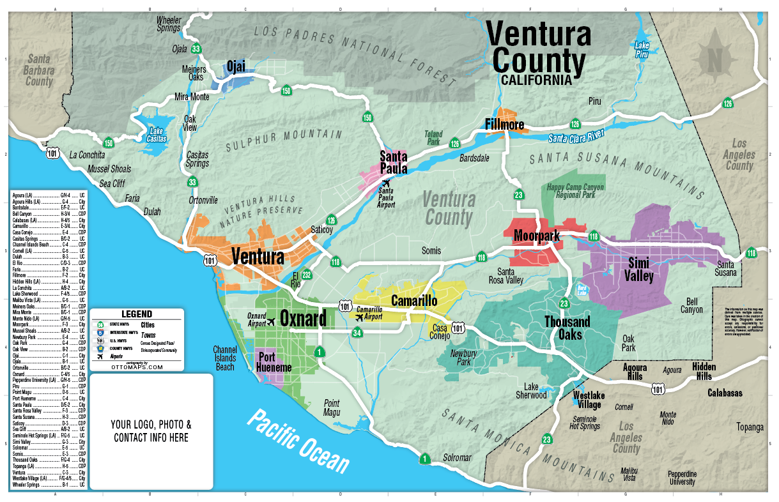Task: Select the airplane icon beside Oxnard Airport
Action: pos(272,321)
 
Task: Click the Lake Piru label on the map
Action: pos(642,49)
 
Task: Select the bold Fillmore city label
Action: pos(505,124)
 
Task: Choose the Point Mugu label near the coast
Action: pos(332,407)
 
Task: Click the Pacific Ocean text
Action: pos(299,441)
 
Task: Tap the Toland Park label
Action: pos(433,139)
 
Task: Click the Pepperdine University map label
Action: pos(682,478)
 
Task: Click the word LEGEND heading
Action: pos(137,314)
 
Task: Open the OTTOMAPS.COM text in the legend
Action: pos(136,367)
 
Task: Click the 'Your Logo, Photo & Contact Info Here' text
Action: pos(151,431)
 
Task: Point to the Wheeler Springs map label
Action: pos(169,24)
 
